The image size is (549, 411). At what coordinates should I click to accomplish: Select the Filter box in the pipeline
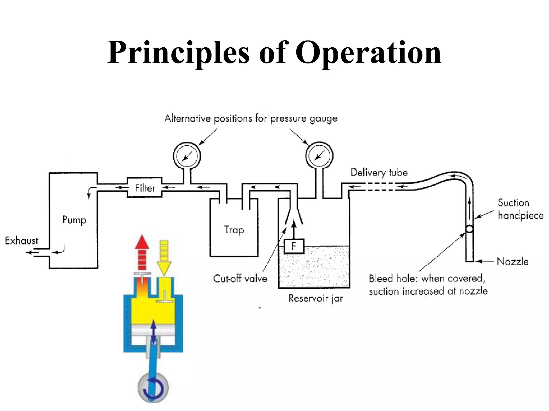(145, 188)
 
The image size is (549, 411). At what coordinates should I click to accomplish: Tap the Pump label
(74, 220)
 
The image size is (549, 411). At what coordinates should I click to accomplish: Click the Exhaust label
(21, 241)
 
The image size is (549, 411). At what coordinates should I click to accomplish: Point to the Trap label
(234, 230)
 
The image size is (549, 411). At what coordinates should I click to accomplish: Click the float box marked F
(294, 246)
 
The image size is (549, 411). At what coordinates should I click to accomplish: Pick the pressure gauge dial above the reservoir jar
(319, 155)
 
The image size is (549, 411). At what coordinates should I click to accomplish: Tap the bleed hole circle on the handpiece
(469, 229)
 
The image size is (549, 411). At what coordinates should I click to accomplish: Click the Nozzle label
(512, 261)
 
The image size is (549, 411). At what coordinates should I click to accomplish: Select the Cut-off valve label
(240, 279)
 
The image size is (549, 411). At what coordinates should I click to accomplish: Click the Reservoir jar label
(316, 298)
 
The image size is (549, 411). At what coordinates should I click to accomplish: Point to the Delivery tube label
(379, 173)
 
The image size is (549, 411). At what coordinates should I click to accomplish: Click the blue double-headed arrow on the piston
(153, 332)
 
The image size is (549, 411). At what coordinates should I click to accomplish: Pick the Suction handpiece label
(520, 209)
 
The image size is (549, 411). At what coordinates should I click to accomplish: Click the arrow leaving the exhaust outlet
(31, 252)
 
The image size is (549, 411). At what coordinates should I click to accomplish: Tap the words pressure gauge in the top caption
(304, 119)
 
